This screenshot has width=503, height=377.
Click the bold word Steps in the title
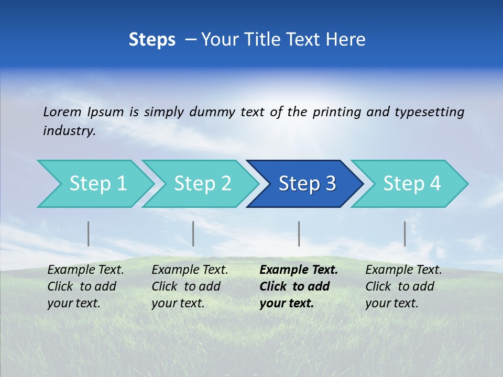(x=152, y=40)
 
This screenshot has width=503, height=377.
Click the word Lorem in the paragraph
(x=62, y=112)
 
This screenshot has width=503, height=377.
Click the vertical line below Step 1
(x=88, y=234)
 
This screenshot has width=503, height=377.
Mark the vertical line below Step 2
(x=193, y=234)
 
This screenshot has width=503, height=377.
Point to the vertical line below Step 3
(x=299, y=234)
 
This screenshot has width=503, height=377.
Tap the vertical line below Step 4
(x=404, y=234)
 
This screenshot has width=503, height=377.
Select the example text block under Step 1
(x=85, y=286)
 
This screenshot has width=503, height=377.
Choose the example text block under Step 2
(x=189, y=286)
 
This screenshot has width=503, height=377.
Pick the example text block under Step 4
(x=403, y=286)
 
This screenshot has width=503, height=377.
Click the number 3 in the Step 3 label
(x=330, y=184)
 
